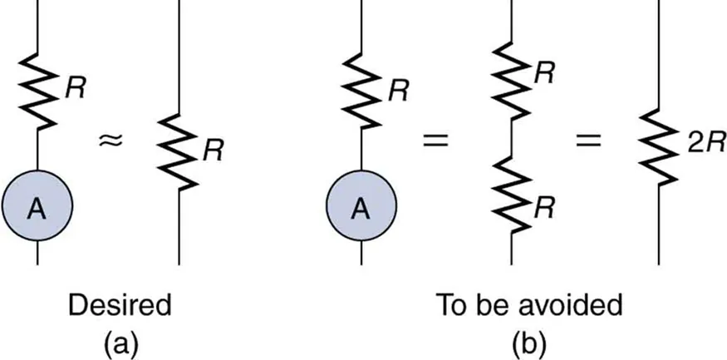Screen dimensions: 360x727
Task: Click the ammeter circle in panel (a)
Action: pyautogui.click(x=37, y=208)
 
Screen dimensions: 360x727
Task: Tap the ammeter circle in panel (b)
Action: pyautogui.click(x=361, y=208)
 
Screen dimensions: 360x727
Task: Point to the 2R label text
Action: pyautogui.click(x=700, y=144)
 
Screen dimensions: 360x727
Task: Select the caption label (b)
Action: pyautogui.click(x=528, y=343)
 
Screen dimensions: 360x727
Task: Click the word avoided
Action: pyautogui.click(x=572, y=305)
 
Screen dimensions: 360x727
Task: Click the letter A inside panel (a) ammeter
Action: pyautogui.click(x=37, y=209)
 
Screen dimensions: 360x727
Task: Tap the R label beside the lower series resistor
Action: pyautogui.click(x=545, y=208)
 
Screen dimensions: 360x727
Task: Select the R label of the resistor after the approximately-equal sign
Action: pyautogui.click(x=214, y=150)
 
